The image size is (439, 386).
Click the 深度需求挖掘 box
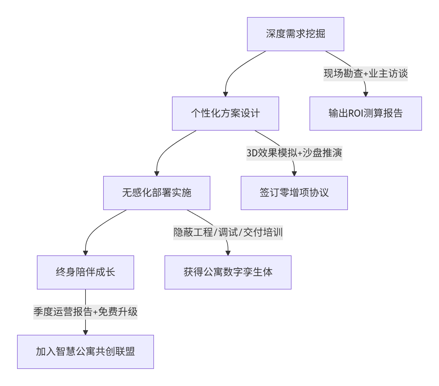(x=295, y=34)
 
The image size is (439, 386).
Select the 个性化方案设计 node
(x=225, y=114)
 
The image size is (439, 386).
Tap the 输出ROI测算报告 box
(x=365, y=114)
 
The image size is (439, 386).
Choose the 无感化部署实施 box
(x=156, y=193)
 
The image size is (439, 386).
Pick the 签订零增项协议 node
(x=294, y=193)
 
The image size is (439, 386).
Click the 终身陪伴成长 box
(x=85, y=272)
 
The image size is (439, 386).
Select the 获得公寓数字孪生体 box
(x=228, y=272)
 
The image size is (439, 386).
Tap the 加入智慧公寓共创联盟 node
(x=85, y=352)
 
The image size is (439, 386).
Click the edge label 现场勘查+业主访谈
(x=365, y=74)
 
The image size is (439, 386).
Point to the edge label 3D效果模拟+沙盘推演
(x=294, y=153)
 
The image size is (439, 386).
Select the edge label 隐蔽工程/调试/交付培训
(x=228, y=233)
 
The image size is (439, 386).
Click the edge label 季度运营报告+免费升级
(x=85, y=312)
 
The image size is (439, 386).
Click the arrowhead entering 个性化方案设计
(x=226, y=94)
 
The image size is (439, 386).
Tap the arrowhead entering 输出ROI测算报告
(x=366, y=94)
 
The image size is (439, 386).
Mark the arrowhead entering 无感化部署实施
(x=157, y=174)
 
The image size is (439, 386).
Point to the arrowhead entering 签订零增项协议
(x=294, y=174)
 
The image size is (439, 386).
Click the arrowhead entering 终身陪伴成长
(x=86, y=253)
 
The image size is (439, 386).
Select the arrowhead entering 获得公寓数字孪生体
(x=228, y=253)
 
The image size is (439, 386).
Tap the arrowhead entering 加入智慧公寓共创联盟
(x=86, y=333)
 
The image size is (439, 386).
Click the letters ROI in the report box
(x=355, y=114)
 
